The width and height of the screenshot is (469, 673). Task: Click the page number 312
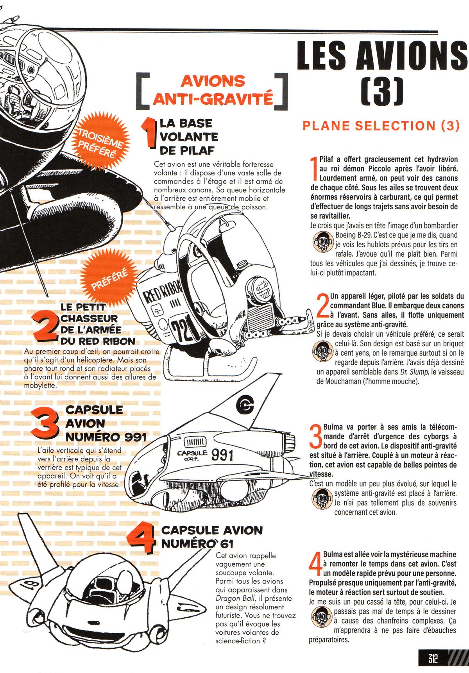point(432,659)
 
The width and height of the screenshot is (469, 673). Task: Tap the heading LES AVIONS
point(382,55)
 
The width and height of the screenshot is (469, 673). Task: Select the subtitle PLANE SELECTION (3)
point(381,126)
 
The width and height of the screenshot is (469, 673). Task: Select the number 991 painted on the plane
point(222,455)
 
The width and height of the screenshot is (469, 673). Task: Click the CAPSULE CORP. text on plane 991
point(192,454)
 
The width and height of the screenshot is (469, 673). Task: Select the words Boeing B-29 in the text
point(352,235)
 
